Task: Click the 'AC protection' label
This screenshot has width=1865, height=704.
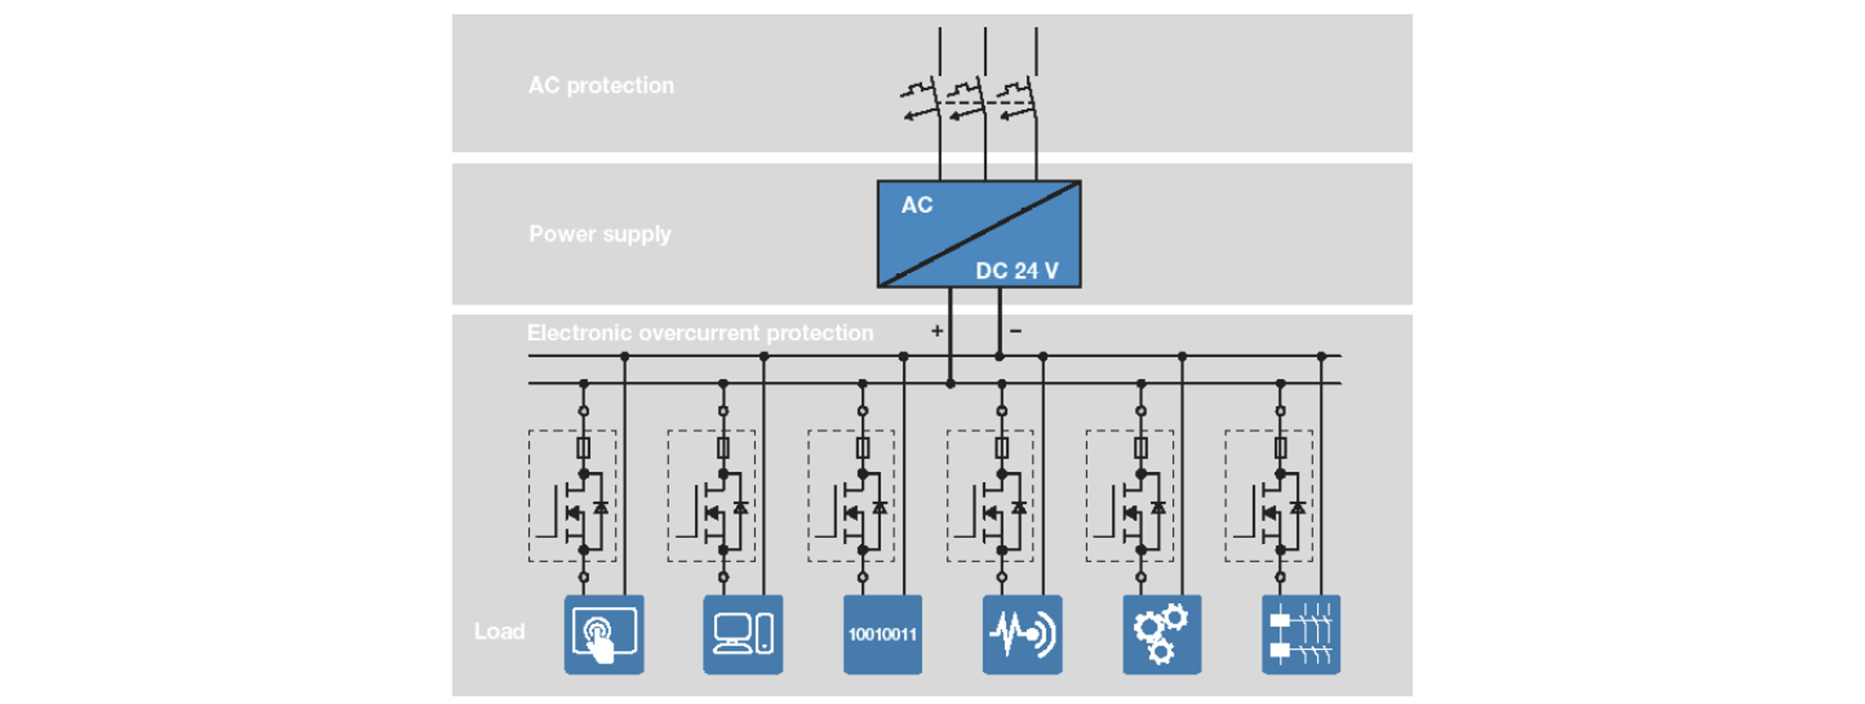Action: tap(601, 85)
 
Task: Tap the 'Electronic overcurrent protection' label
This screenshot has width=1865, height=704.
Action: tap(700, 333)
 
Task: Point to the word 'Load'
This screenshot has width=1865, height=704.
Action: tap(499, 631)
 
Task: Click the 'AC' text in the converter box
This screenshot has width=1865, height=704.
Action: tap(916, 205)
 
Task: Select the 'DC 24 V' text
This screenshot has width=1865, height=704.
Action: tap(1017, 270)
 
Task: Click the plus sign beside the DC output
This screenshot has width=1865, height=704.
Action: tap(937, 330)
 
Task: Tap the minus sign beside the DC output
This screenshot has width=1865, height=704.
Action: tap(1016, 330)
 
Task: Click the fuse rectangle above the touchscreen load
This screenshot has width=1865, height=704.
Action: tap(583, 448)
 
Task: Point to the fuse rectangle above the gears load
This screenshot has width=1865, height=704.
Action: tap(1141, 448)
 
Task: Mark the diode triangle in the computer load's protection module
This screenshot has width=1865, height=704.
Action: tap(740, 508)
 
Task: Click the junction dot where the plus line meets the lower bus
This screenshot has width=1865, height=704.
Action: tap(950, 383)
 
